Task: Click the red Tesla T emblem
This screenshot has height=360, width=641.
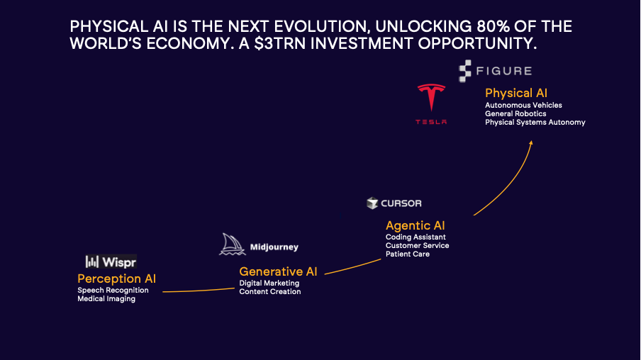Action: coord(431,97)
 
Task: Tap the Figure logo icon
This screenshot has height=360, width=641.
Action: coord(465,71)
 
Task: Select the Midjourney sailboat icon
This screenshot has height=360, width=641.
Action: coord(232,244)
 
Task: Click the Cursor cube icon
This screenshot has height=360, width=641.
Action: coord(372,203)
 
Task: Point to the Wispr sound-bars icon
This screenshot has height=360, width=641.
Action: coord(92,261)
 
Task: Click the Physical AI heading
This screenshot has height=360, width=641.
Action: coord(516,93)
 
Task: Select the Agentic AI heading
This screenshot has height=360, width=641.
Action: coord(415,225)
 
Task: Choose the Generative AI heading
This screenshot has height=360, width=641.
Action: coord(278,271)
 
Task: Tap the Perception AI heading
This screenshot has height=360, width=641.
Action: coord(116,279)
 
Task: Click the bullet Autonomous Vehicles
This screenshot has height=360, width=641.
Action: coord(523,105)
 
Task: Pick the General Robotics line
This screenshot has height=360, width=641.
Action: coord(515,113)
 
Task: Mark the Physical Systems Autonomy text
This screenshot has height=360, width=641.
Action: coord(535,122)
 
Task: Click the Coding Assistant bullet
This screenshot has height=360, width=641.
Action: coord(416,237)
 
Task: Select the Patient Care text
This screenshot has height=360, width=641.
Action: coord(408,254)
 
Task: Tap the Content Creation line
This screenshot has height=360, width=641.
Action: coord(270,291)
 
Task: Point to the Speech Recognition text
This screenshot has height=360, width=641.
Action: coord(113,290)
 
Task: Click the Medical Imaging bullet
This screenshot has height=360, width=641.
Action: coord(106,299)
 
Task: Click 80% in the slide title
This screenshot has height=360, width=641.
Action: coord(493,26)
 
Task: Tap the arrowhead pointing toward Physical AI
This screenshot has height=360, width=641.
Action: coord(531,143)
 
